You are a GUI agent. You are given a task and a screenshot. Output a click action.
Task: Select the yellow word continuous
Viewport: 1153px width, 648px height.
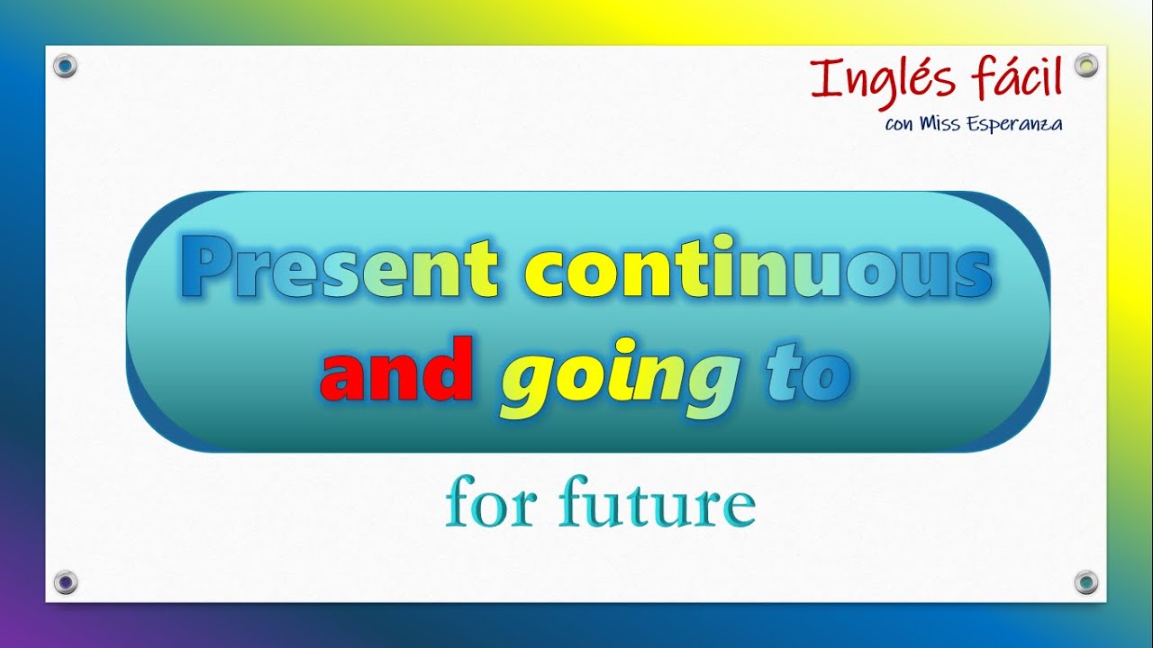(758, 269)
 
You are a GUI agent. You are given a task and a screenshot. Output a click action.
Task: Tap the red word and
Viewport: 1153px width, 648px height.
(396, 371)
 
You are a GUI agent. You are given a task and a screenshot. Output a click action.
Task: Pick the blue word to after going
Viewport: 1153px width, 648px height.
(808, 373)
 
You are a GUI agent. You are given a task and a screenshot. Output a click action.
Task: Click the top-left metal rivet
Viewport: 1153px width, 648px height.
(65, 65)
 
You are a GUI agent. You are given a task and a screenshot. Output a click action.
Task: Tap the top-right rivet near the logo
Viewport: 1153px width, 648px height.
(1086, 65)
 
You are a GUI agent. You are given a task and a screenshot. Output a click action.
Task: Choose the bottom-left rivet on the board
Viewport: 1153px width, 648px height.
(65, 581)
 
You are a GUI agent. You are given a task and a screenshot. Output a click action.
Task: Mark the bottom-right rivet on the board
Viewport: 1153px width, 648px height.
(1086, 581)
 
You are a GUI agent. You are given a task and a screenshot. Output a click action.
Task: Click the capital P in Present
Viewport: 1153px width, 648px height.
(204, 269)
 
